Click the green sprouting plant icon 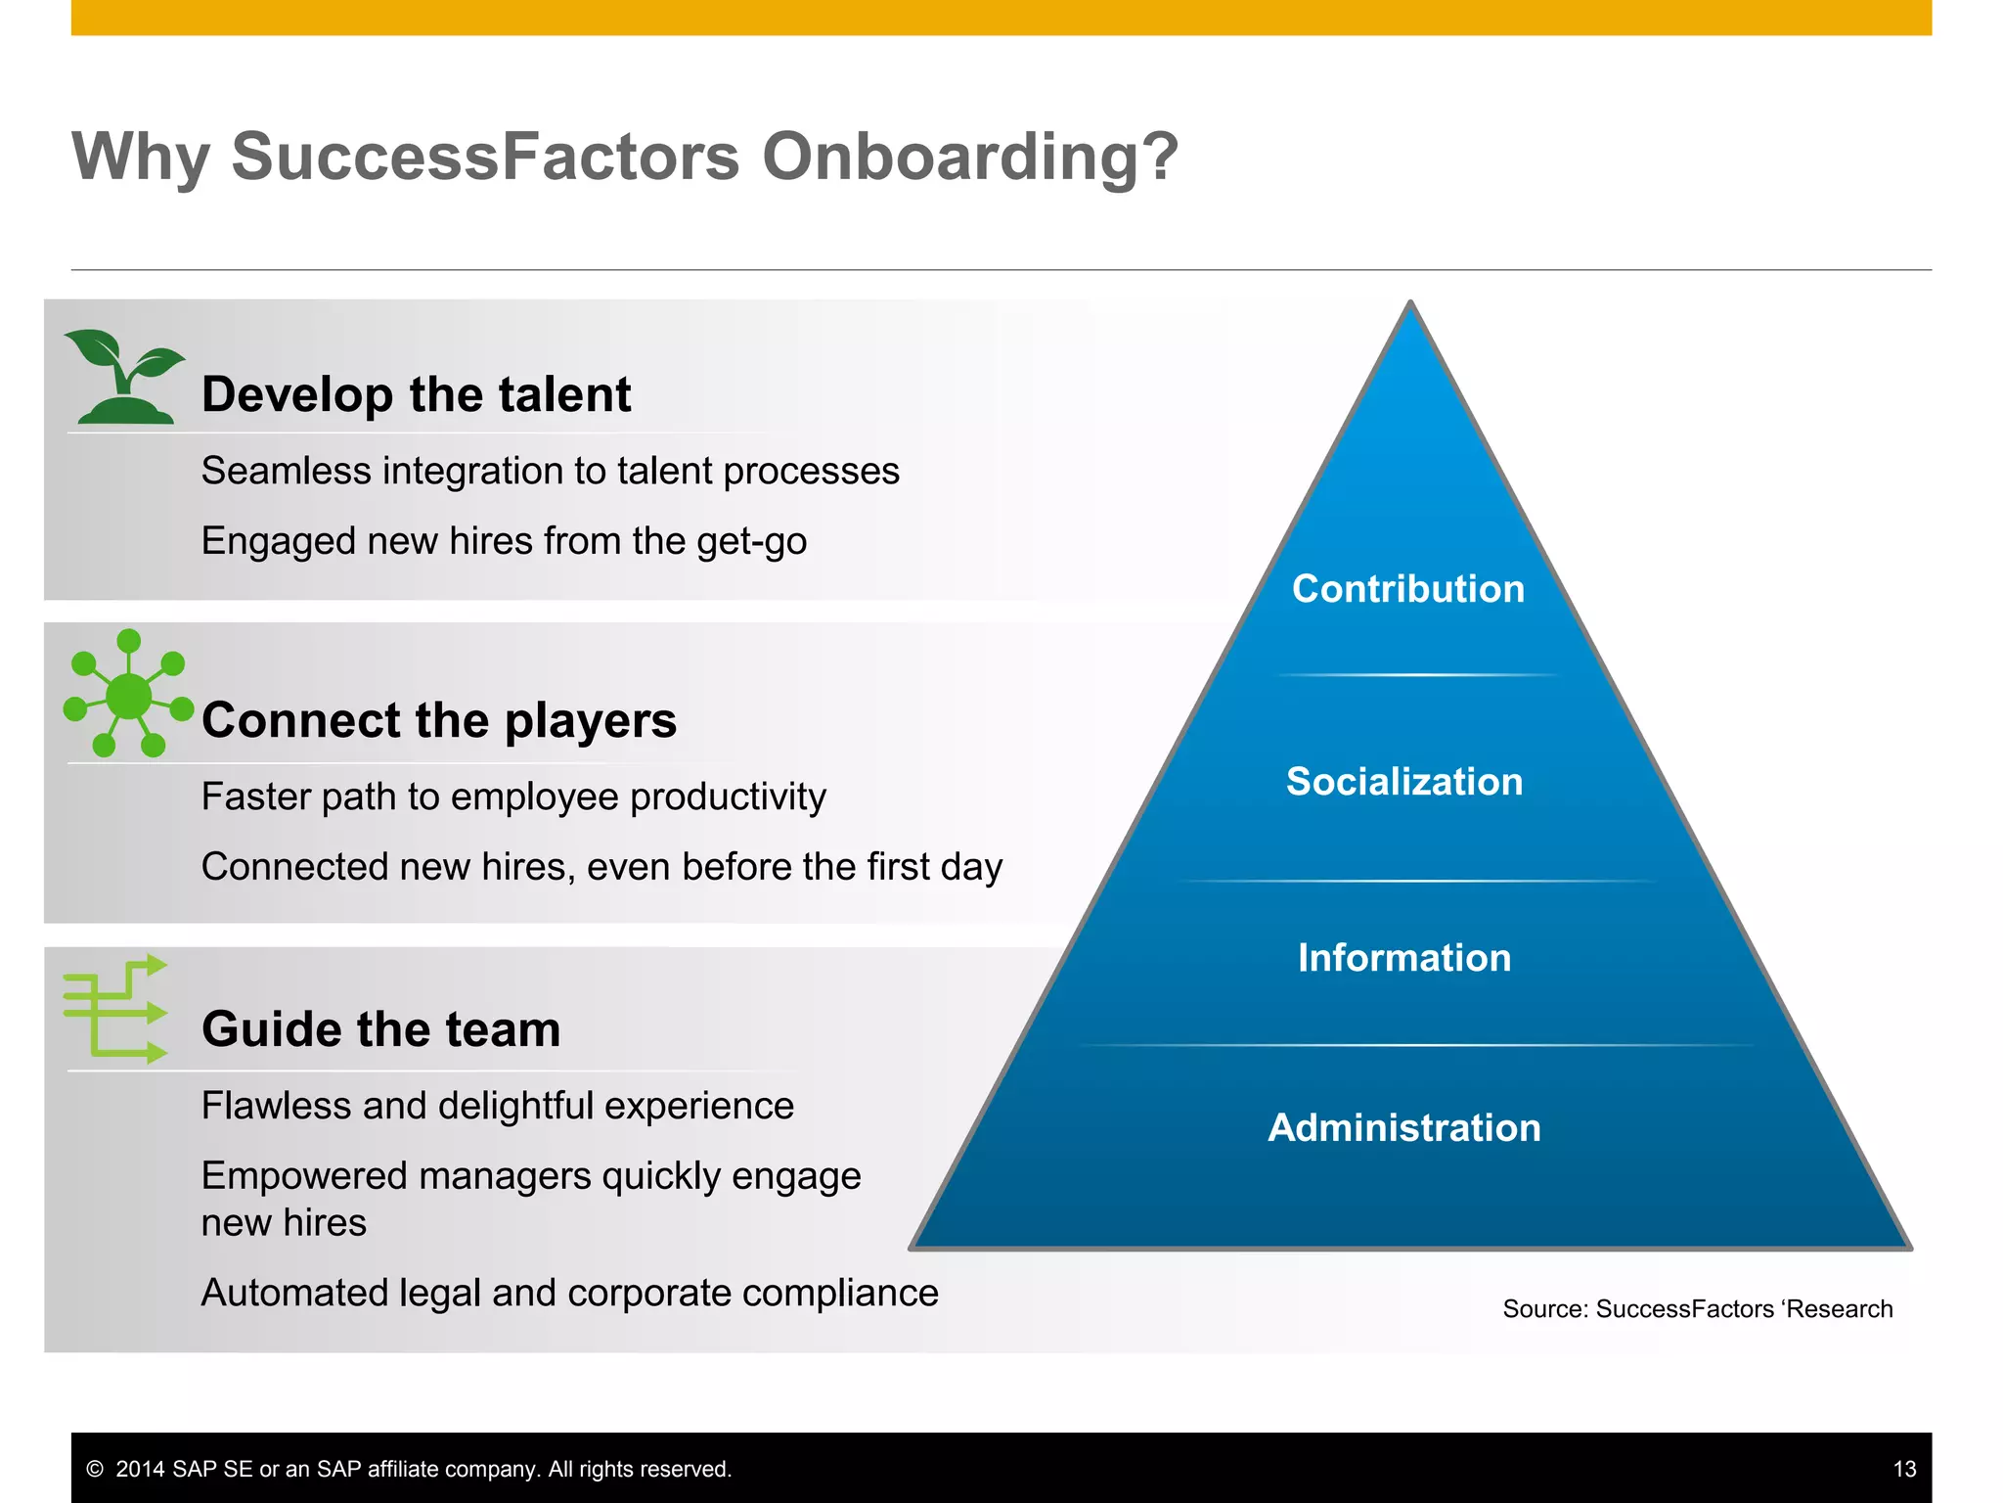tap(123, 377)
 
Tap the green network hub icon tap(128, 695)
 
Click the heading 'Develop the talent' tap(416, 394)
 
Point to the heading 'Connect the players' tap(438, 720)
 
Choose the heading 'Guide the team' tap(380, 1029)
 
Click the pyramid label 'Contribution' tap(1407, 589)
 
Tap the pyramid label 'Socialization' tap(1403, 782)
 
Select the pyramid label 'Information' tap(1403, 958)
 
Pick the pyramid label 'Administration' tap(1403, 1128)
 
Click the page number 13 tap(1903, 1469)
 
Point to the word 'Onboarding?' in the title tap(969, 157)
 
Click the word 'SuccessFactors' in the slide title tap(485, 157)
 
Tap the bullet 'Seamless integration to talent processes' tap(550, 472)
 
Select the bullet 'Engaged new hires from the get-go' tap(504, 541)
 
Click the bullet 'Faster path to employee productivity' tap(513, 797)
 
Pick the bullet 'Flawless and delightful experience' tap(497, 1106)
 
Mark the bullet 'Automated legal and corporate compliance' tap(569, 1294)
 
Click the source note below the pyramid tap(1697, 1309)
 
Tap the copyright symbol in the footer tap(95, 1469)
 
